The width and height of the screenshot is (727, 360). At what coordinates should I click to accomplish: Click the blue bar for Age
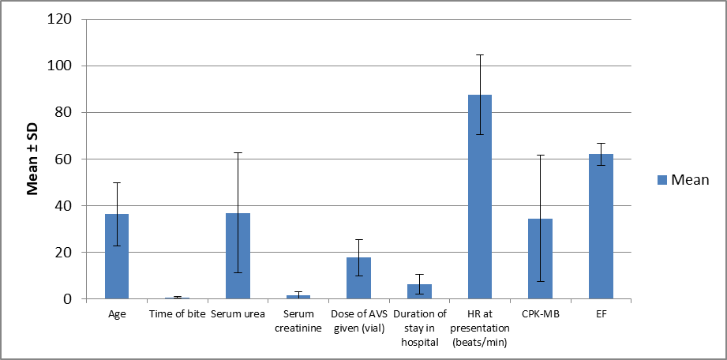pyautogui.click(x=117, y=256)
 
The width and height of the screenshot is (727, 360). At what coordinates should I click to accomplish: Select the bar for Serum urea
pyautogui.click(x=238, y=256)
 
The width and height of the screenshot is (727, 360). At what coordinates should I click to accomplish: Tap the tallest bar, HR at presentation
pyautogui.click(x=480, y=197)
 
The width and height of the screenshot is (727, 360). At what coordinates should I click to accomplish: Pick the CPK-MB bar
pyautogui.click(x=540, y=258)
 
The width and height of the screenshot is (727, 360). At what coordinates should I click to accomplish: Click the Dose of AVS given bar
pyautogui.click(x=359, y=278)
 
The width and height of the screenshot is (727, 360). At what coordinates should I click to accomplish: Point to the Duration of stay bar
pyautogui.click(x=420, y=291)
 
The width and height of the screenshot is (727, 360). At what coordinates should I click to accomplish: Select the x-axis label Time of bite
pyautogui.click(x=178, y=314)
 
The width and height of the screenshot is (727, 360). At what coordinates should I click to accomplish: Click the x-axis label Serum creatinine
pyautogui.click(x=298, y=321)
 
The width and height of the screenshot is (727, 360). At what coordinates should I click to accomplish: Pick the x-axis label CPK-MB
pyautogui.click(x=540, y=314)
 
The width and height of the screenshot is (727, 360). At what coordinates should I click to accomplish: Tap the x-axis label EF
pyautogui.click(x=601, y=314)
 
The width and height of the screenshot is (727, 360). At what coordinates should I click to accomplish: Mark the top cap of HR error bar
pyautogui.click(x=480, y=54)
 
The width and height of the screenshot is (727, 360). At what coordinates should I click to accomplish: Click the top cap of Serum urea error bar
pyautogui.click(x=238, y=152)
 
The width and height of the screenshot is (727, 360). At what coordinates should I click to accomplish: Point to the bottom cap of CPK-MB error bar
pyautogui.click(x=540, y=282)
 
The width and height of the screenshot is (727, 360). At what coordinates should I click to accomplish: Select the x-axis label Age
pyautogui.click(x=117, y=314)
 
